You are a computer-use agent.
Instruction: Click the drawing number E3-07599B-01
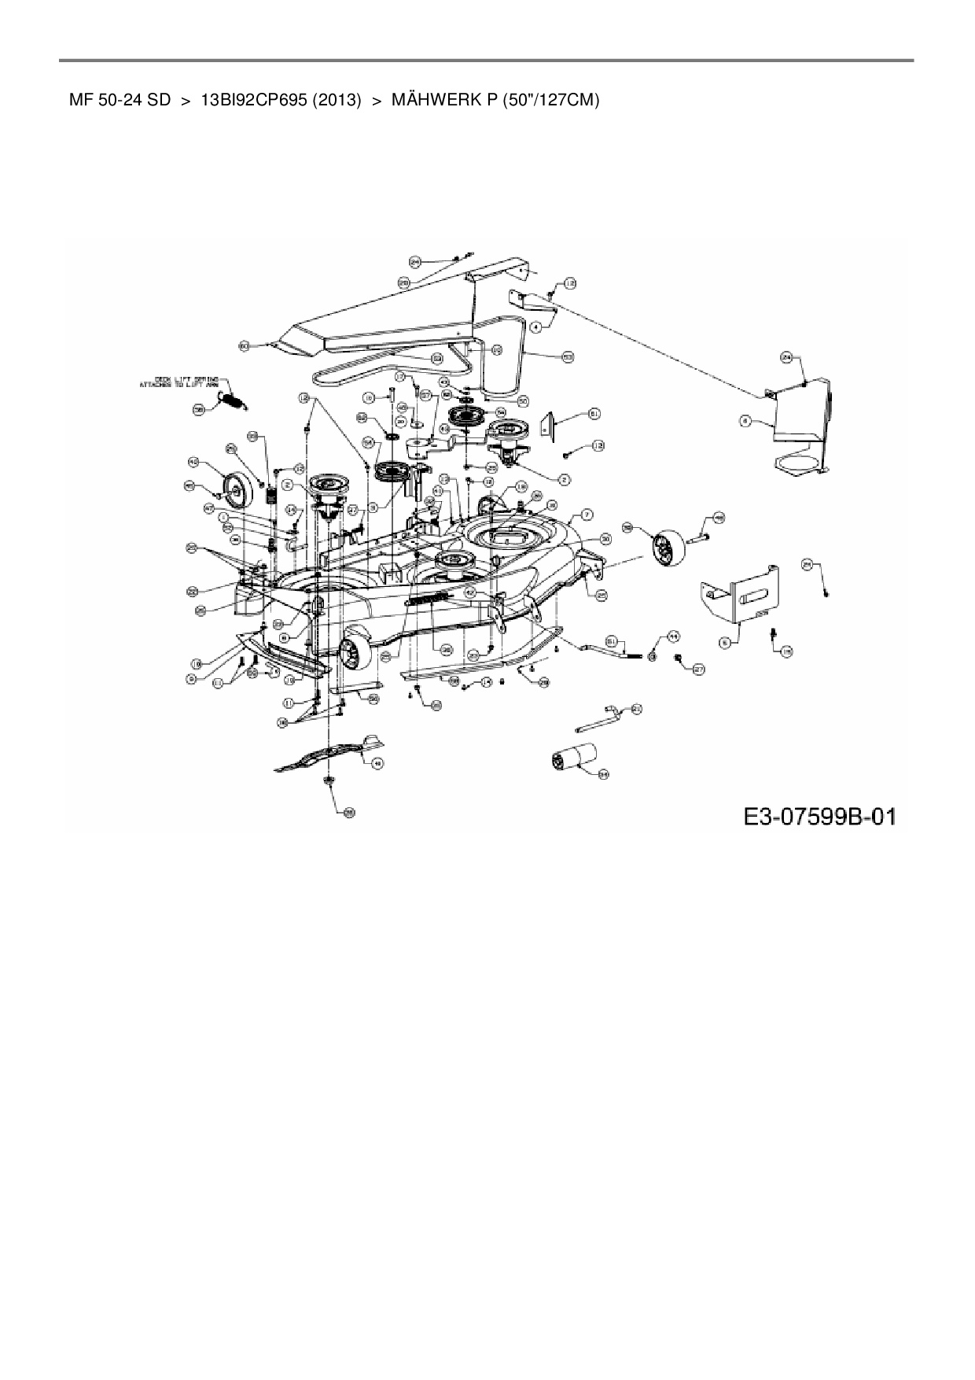click(819, 816)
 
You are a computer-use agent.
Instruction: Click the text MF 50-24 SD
click(120, 101)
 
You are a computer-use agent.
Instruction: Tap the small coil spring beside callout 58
click(232, 401)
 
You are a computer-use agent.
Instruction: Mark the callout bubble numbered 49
click(378, 762)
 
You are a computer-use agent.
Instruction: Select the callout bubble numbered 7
click(587, 515)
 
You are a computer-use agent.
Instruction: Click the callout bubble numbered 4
click(536, 324)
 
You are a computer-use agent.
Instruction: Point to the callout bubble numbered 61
click(594, 414)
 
